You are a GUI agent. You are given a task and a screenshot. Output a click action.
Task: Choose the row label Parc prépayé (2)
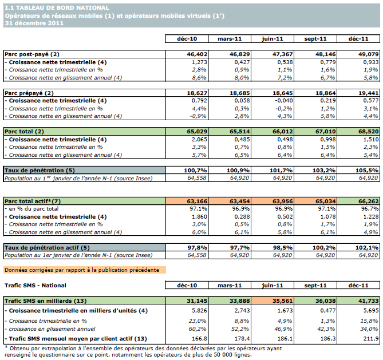coord(30,93)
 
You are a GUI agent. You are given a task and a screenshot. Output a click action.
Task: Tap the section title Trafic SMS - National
coord(35,285)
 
